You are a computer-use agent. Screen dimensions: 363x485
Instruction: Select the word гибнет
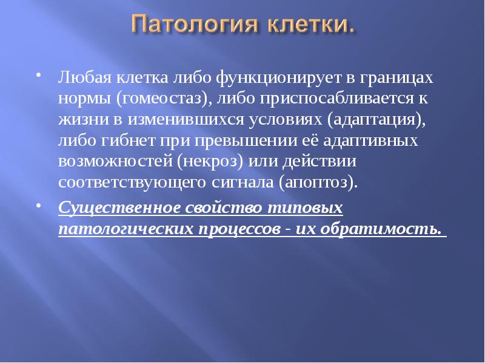click(122, 140)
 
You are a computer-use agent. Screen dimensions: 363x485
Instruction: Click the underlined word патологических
click(125, 230)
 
